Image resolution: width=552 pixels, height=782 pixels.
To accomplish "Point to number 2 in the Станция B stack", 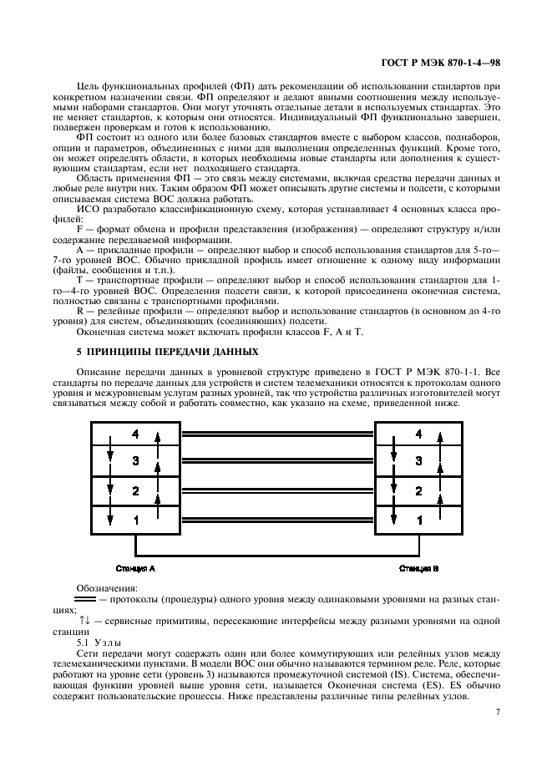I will coord(419,490).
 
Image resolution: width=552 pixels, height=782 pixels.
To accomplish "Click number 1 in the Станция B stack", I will coord(419,520).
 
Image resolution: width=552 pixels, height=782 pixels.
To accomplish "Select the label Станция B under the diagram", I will coord(418,568).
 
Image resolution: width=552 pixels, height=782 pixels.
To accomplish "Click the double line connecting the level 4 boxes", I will coord(277,434).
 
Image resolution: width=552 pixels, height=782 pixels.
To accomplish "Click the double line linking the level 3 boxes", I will coord(277,461).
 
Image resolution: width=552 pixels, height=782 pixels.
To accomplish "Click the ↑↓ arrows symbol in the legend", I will coord(84,622).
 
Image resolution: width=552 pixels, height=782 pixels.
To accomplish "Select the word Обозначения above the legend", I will coord(104,588).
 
